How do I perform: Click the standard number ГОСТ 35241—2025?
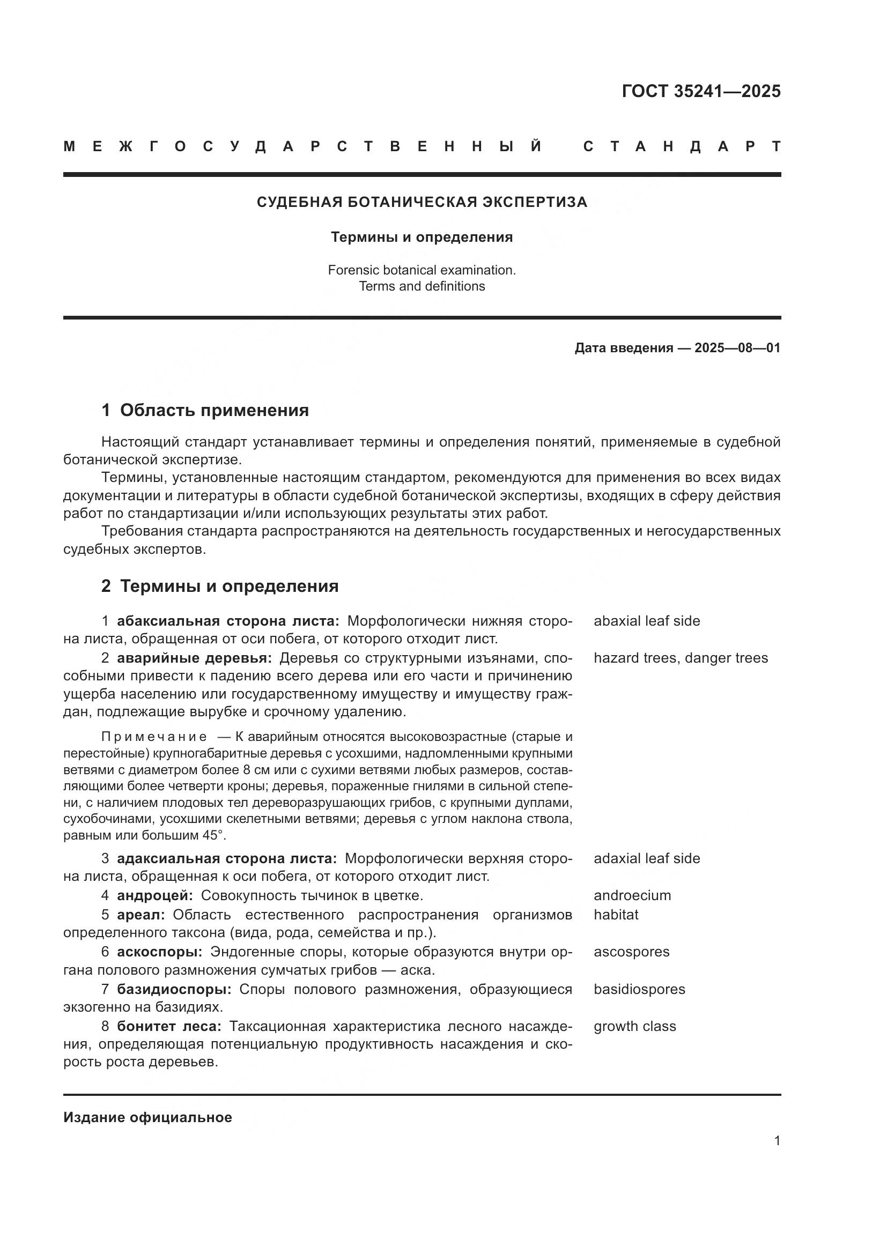(701, 91)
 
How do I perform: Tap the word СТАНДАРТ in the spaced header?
(682, 146)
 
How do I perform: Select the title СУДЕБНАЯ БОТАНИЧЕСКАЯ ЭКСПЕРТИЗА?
(422, 202)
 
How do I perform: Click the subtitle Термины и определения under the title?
(422, 237)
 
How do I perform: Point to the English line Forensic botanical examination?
(422, 270)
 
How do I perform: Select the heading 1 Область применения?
(205, 410)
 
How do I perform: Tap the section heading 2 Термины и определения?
(219, 586)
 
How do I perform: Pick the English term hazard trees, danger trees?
(681, 658)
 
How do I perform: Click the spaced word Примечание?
(154, 737)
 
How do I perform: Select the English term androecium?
(632, 895)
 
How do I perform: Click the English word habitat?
(616, 914)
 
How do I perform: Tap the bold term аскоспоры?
(159, 952)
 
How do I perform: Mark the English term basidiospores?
(639, 989)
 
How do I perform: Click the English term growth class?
(634, 1026)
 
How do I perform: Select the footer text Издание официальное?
(147, 1117)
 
